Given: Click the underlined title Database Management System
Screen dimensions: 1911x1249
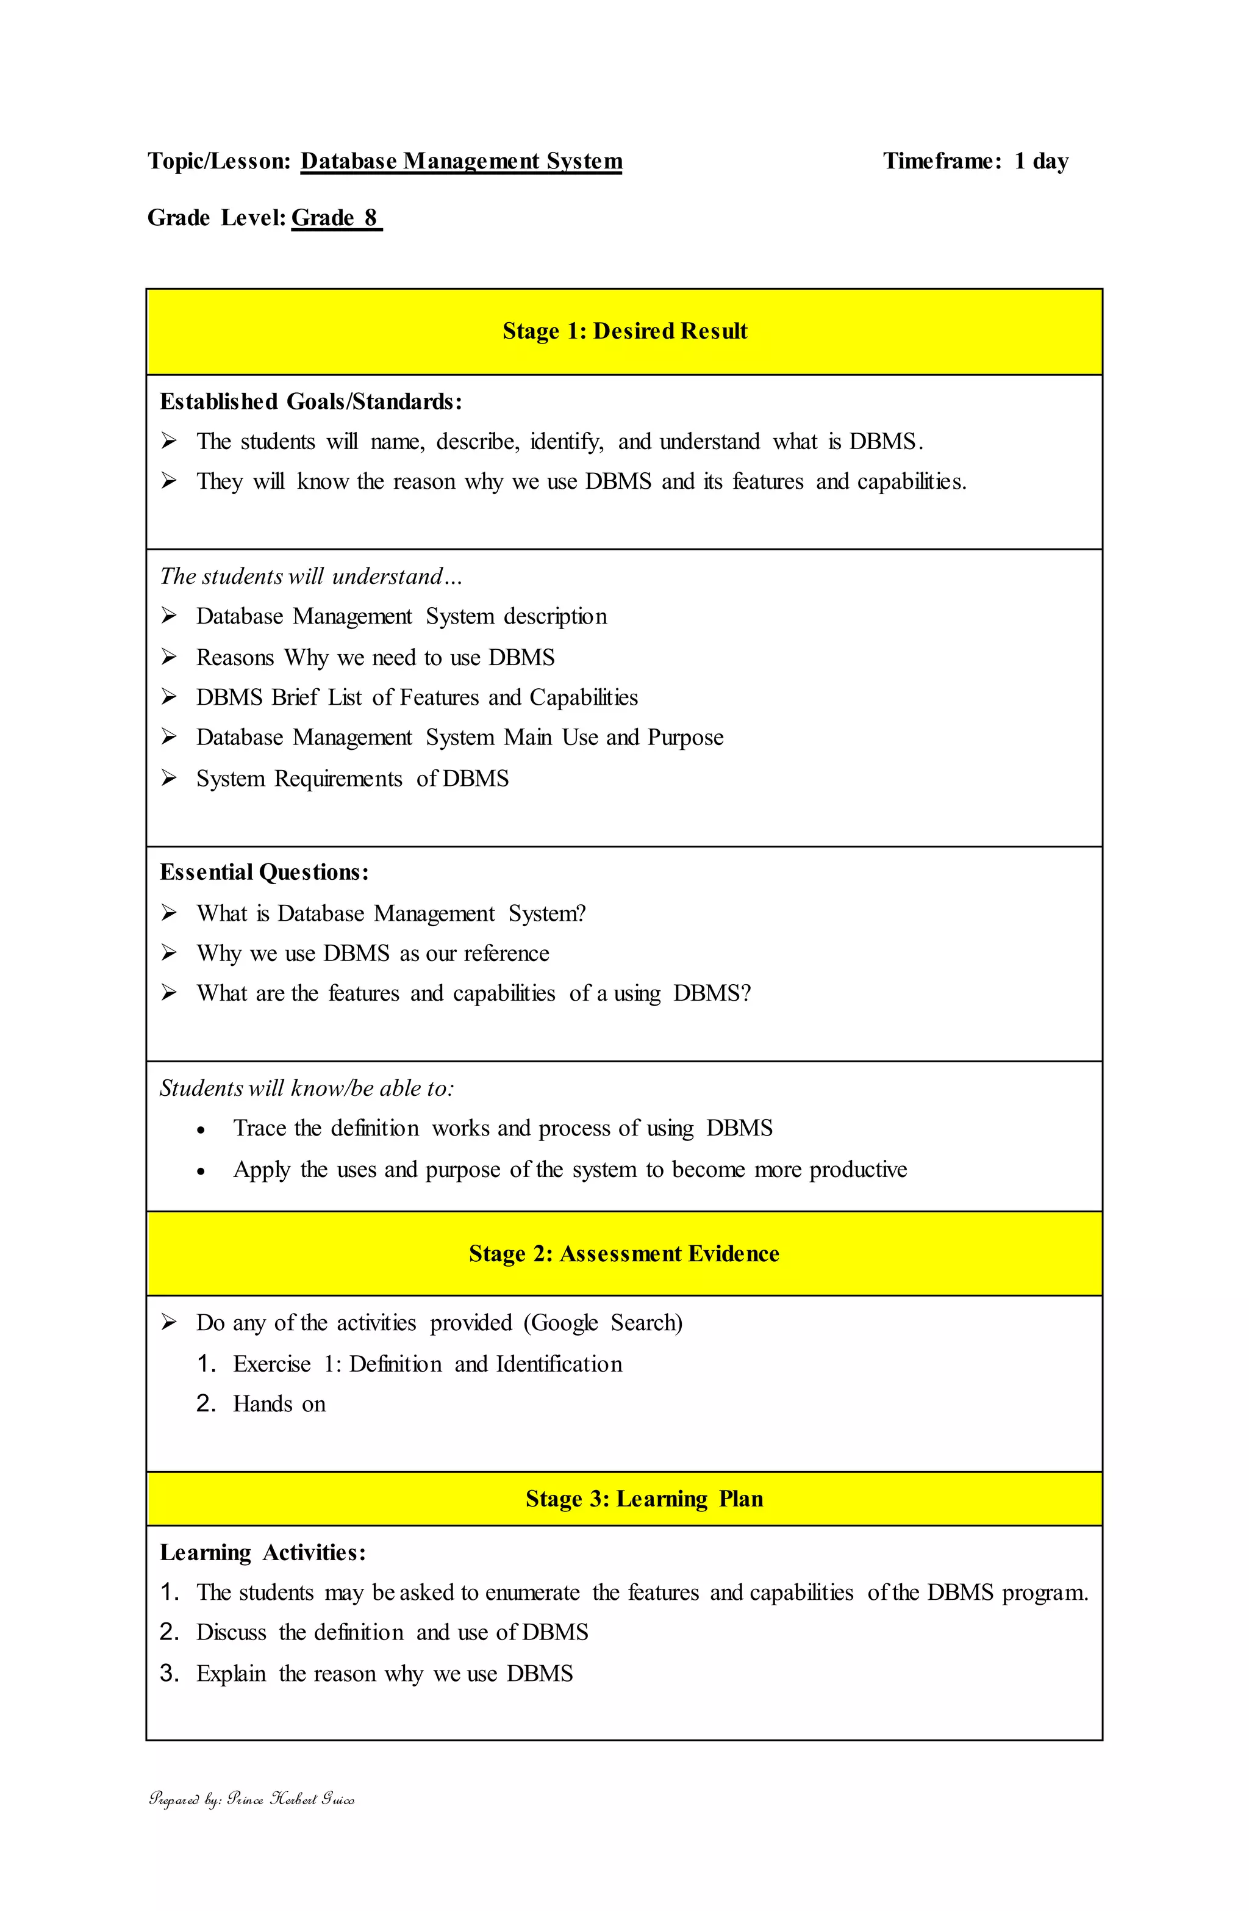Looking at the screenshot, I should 462,162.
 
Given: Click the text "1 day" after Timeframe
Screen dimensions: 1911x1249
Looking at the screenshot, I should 1041,162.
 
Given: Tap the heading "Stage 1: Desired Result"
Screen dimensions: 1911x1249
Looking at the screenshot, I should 624,331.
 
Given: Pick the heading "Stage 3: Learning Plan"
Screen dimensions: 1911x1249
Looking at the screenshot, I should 644,1499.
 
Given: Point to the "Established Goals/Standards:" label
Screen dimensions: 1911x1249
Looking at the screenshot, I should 310,401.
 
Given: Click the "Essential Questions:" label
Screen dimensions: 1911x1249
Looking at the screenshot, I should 264,873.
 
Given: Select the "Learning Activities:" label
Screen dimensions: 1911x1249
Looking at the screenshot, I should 262,1553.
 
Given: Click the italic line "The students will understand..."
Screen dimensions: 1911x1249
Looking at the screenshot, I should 310,577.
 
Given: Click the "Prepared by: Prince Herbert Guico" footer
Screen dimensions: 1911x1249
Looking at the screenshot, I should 251,1799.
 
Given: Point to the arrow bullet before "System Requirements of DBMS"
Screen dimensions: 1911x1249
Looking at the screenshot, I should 168,778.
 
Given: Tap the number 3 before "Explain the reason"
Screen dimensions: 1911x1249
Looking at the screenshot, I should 168,1673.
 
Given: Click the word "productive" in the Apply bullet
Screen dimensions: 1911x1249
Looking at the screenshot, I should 857,1170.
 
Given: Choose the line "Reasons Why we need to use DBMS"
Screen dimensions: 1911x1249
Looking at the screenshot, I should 375,658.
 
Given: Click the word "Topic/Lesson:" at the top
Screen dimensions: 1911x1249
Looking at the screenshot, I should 218,162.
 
